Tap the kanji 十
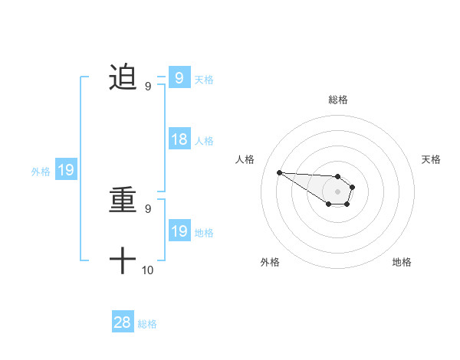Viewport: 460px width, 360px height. click(x=123, y=260)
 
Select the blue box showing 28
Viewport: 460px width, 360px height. click(x=123, y=322)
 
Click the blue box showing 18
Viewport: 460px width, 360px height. click(x=179, y=139)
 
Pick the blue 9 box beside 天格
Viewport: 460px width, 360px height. click(x=179, y=77)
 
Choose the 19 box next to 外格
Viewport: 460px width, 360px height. click(x=66, y=170)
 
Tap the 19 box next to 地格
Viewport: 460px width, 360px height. click(x=179, y=231)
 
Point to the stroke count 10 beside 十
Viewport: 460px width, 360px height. click(x=148, y=270)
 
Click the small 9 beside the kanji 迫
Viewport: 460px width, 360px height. click(x=148, y=86)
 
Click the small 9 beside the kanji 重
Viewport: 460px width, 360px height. click(x=148, y=208)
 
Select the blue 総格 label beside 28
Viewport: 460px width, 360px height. click(x=148, y=324)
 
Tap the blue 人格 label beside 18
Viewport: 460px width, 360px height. click(x=204, y=141)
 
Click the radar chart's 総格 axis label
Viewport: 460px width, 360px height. click(x=338, y=100)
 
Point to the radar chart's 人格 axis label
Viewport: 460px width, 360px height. click(x=245, y=159)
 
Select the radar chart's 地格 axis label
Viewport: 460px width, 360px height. click(x=402, y=262)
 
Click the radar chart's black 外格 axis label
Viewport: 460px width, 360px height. click(x=270, y=262)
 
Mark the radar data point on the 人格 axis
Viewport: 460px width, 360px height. click(x=279, y=172)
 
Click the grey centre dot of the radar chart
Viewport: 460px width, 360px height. click(x=338, y=191)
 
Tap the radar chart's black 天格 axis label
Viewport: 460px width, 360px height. click(x=432, y=159)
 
